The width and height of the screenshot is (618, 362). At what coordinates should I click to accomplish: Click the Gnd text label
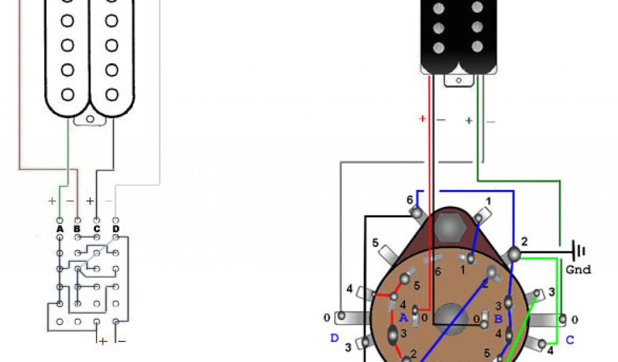click(578, 270)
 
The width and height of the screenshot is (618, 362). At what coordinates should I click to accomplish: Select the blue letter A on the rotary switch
click(403, 317)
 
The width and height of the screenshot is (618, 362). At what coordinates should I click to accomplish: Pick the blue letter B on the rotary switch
click(498, 319)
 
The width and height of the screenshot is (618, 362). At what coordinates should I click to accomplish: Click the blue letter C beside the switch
click(570, 340)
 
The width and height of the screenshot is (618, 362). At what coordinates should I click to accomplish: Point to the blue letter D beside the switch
click(334, 338)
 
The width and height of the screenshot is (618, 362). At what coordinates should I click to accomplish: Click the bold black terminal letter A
click(60, 229)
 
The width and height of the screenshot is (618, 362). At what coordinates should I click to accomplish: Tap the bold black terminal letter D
click(115, 229)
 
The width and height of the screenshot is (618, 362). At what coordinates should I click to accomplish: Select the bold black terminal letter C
click(97, 229)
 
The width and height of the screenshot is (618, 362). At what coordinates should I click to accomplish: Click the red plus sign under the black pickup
click(422, 118)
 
